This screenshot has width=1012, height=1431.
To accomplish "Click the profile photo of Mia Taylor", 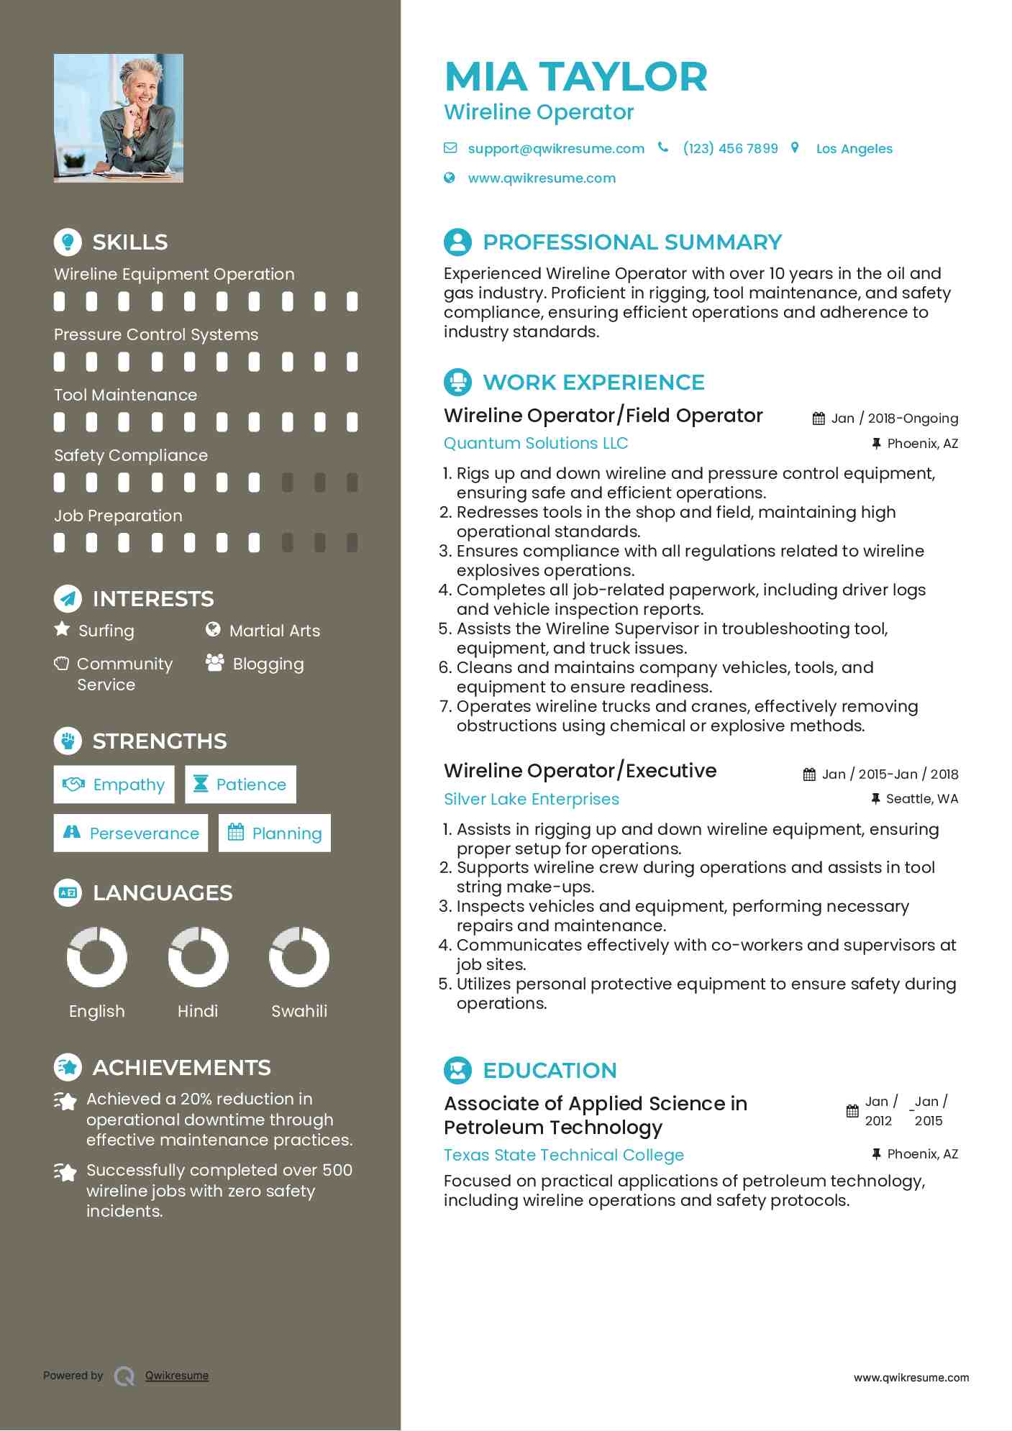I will [x=119, y=118].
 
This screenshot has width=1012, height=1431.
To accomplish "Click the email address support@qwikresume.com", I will [x=555, y=149].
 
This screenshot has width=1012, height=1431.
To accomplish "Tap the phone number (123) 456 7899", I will [x=730, y=149].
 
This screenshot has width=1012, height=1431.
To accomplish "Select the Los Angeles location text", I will [x=854, y=149].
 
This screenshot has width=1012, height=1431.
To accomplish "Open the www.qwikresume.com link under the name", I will [x=542, y=178].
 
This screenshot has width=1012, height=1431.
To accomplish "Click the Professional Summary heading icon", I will [x=457, y=242].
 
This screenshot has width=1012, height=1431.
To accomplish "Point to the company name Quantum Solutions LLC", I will [x=536, y=444].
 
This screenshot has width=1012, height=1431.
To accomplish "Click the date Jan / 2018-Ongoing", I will [x=894, y=419].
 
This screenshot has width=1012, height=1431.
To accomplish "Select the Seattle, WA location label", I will [x=921, y=799].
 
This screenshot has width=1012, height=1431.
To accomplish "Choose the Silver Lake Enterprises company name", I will [x=531, y=800].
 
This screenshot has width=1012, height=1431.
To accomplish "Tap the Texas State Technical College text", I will [x=563, y=1156].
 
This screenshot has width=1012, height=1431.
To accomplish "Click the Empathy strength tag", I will [x=114, y=785].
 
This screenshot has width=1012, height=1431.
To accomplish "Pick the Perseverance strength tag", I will [x=131, y=833].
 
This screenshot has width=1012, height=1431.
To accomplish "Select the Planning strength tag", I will [x=275, y=833].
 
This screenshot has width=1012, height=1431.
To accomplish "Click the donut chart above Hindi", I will [x=198, y=957].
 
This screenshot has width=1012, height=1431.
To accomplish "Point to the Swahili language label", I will [x=299, y=1011].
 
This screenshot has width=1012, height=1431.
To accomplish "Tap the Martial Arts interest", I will [x=274, y=631].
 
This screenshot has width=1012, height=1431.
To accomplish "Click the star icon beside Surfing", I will [x=63, y=629].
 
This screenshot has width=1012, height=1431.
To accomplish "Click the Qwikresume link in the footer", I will [x=177, y=1376].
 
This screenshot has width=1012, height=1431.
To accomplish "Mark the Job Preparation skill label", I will [x=118, y=516].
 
